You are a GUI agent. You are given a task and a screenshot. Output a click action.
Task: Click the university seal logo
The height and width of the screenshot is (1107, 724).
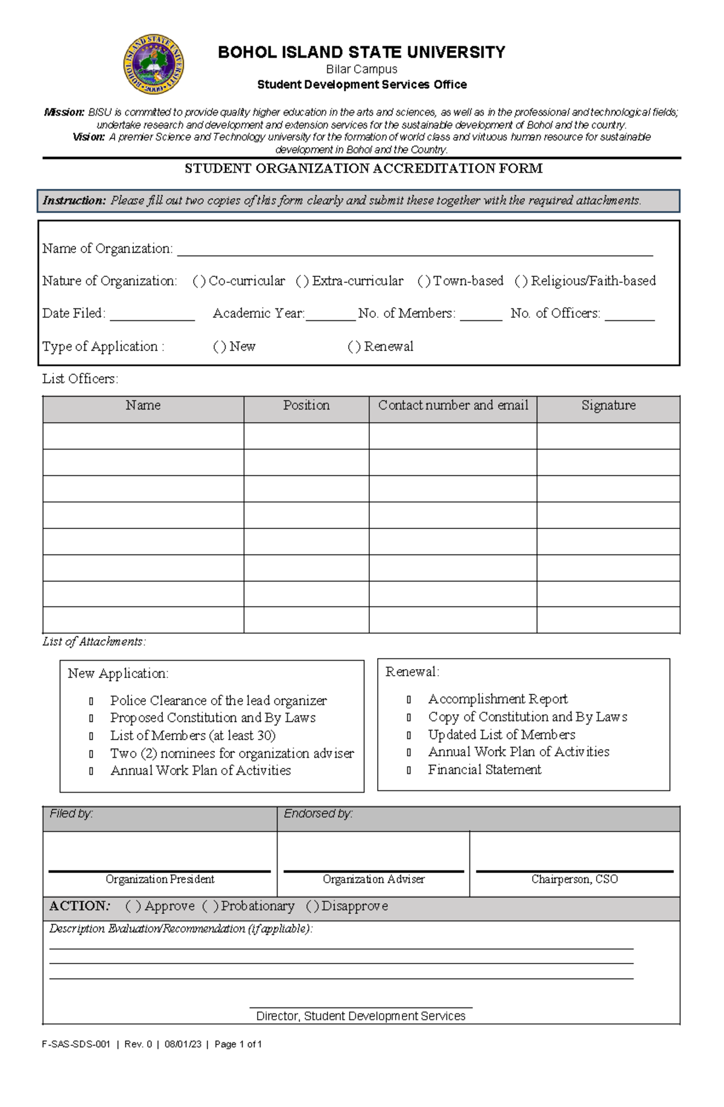[153, 64]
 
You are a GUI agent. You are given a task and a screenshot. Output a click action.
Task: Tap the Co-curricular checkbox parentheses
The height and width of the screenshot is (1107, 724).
[199, 281]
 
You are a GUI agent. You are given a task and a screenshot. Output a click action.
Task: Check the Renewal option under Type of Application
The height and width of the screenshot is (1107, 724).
[354, 347]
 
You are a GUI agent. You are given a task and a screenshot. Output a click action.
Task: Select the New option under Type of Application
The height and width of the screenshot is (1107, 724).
[220, 347]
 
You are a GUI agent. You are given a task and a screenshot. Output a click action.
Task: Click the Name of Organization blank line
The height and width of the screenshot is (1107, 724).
[414, 250]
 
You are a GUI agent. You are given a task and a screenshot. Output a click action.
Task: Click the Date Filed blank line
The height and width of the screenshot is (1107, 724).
[152, 315]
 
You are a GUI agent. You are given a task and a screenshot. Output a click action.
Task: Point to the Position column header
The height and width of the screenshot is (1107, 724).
[306, 405]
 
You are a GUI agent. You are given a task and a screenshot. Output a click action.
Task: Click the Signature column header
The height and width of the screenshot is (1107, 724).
[608, 405]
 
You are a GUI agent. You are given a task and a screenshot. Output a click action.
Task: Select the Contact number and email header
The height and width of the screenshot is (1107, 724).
[453, 405]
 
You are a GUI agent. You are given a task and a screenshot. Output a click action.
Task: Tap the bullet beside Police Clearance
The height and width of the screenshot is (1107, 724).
[91, 701]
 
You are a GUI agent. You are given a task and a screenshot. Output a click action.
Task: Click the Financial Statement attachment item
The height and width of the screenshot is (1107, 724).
[484, 770]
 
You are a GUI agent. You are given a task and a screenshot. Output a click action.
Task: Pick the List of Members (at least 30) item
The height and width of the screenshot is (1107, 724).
[192, 735]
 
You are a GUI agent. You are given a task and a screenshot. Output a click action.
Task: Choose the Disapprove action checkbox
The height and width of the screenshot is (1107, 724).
[312, 906]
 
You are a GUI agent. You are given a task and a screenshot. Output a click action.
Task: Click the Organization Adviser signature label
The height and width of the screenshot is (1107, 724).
[373, 879]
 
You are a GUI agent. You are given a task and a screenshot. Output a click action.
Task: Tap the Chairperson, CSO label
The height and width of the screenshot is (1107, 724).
[574, 879]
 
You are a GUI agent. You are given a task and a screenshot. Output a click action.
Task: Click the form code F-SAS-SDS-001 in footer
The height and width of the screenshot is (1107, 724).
[76, 1044]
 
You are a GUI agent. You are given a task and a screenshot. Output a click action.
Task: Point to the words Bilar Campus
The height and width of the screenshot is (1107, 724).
[361, 69]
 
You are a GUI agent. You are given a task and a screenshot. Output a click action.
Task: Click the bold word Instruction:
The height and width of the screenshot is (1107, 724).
[74, 201]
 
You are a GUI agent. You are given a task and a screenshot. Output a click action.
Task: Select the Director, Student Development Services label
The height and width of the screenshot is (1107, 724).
[361, 1016]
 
